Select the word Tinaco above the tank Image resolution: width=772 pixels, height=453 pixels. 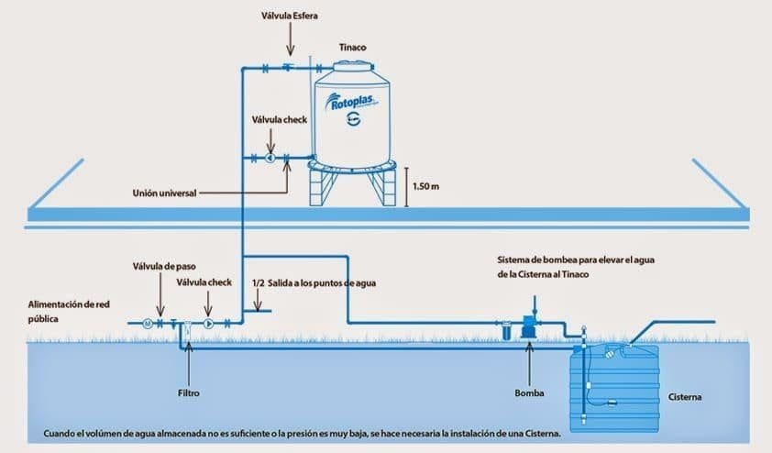click(352, 46)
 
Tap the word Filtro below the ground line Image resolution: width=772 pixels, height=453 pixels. click(187, 392)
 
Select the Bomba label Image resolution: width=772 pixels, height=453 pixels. click(529, 393)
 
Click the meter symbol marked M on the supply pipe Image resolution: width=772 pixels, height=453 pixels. click(146, 323)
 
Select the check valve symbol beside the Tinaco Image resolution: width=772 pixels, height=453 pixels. click(270, 158)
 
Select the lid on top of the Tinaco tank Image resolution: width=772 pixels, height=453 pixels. click(352, 65)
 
